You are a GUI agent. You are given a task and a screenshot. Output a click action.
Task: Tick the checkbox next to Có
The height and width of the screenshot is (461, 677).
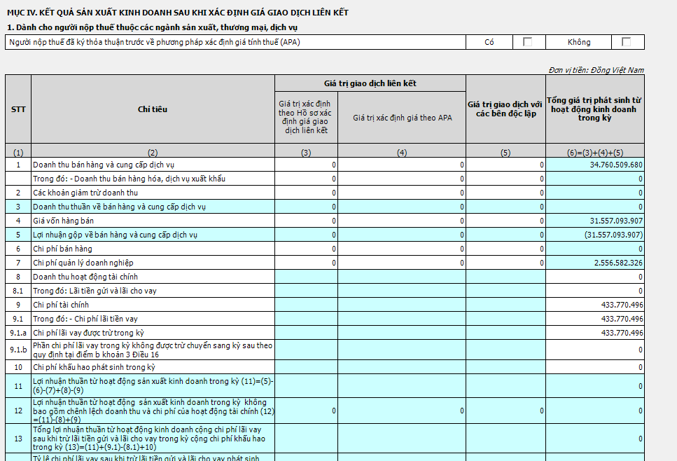528,42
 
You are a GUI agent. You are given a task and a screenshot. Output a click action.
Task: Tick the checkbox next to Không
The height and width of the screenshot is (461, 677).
626,42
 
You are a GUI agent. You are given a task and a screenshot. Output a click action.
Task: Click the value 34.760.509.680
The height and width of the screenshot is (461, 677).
611,165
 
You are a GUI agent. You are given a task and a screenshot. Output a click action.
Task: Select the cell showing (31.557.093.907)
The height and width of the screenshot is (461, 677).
613,235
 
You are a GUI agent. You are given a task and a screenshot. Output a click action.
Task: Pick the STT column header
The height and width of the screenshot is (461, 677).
18,109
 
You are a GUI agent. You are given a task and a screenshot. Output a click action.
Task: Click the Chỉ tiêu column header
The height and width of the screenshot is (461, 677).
153,109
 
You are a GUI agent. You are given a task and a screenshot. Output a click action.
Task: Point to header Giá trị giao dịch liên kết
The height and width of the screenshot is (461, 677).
370,83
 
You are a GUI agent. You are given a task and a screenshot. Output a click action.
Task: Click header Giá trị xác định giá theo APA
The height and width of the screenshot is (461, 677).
402,118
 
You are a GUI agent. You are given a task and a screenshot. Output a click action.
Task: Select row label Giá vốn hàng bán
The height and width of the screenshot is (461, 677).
63,221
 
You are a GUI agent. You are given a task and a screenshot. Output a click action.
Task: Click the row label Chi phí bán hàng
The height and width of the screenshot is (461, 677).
62,249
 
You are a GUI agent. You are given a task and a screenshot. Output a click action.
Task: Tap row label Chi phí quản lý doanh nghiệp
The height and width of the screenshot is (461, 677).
83,263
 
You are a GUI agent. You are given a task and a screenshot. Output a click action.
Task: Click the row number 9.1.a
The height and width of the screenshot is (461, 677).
18,333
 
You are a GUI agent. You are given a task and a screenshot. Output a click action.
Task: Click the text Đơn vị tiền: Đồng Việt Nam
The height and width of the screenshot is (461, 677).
596,70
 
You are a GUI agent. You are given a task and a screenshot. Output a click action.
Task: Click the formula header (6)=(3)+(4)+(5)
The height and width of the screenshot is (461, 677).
594,152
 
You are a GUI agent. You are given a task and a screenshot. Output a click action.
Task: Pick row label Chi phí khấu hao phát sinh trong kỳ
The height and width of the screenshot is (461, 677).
94,367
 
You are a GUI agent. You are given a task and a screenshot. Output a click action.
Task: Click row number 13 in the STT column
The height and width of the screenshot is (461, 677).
18,439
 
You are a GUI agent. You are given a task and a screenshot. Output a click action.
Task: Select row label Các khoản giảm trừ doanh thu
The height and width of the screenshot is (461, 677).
85,193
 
